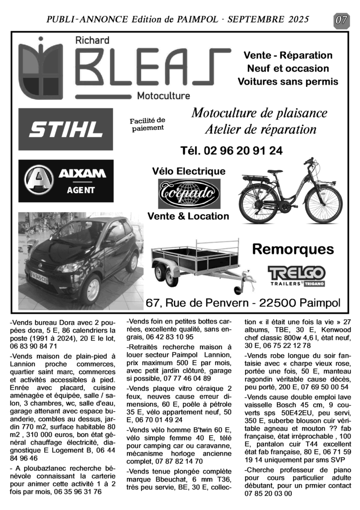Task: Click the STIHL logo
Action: [65, 130]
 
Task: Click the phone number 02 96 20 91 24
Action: [231, 150]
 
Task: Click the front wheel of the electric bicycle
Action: [324, 205]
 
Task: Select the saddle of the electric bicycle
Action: [274, 172]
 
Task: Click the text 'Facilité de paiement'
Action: [147, 124]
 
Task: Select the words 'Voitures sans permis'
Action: [288, 81]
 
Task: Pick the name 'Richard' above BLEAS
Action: [92, 41]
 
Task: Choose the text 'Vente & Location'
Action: [188, 216]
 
